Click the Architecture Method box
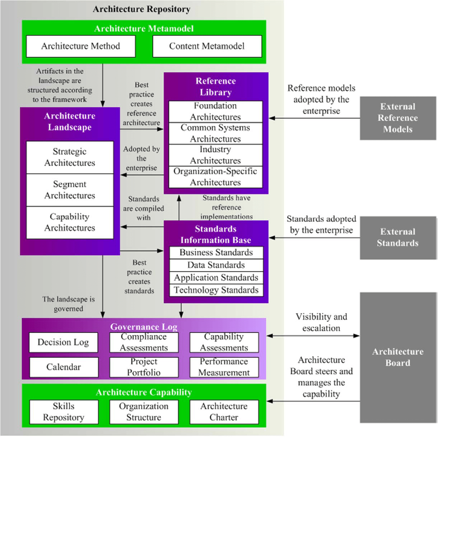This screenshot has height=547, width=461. point(81,46)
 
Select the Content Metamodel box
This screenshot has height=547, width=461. point(207,46)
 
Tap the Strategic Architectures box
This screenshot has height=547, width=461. point(70,157)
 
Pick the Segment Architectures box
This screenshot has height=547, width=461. point(70,190)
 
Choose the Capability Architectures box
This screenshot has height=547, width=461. point(70,223)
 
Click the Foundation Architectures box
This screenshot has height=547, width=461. point(215,112)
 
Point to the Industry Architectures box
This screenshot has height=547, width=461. point(215,155)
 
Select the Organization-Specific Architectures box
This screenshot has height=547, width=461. point(215,177)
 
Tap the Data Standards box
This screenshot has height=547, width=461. point(216,265)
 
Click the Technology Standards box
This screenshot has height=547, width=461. point(216,290)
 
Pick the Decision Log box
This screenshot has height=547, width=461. point(64,342)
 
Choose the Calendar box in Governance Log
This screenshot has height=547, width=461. point(64,367)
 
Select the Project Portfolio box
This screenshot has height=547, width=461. point(144,367)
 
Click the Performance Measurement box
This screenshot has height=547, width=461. point(224,367)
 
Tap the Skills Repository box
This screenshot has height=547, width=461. point(64,412)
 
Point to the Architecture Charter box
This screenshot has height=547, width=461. point(224,412)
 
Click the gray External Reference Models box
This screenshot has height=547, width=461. point(398,118)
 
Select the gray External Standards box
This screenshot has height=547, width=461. point(398,238)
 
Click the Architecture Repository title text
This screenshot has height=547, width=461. point(141,9)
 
